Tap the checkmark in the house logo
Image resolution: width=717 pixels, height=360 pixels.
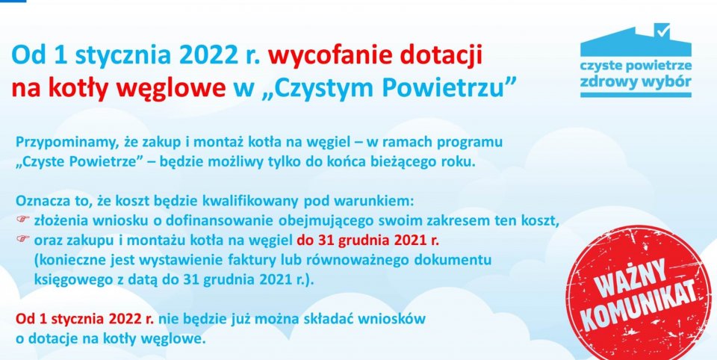tap(662, 29)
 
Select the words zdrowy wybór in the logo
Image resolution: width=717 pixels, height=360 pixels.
tap(635, 81)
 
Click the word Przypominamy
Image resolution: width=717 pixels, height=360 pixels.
tap(57, 141)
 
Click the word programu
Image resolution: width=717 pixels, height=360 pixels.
tap(475, 141)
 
